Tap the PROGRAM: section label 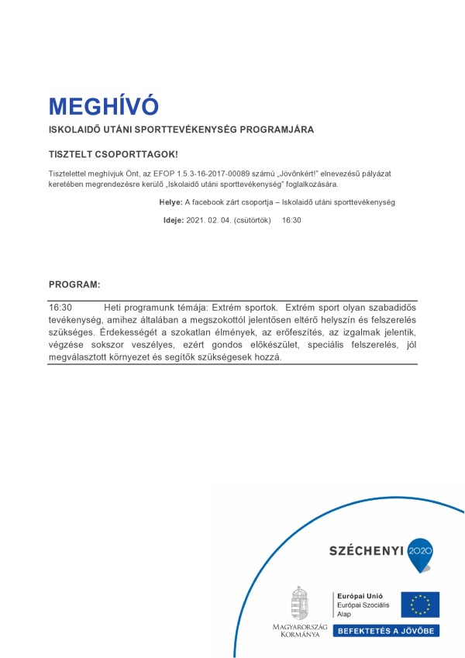click(x=74, y=284)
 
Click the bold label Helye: click(x=170, y=202)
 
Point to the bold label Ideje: click(x=174, y=220)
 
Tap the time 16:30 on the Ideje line click(x=291, y=220)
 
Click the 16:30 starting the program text click(x=60, y=308)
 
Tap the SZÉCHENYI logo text click(x=367, y=550)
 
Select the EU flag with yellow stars click(x=420, y=604)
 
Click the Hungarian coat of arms click(x=299, y=602)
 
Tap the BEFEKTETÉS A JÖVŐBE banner click(x=386, y=631)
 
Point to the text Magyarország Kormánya click(x=300, y=629)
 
